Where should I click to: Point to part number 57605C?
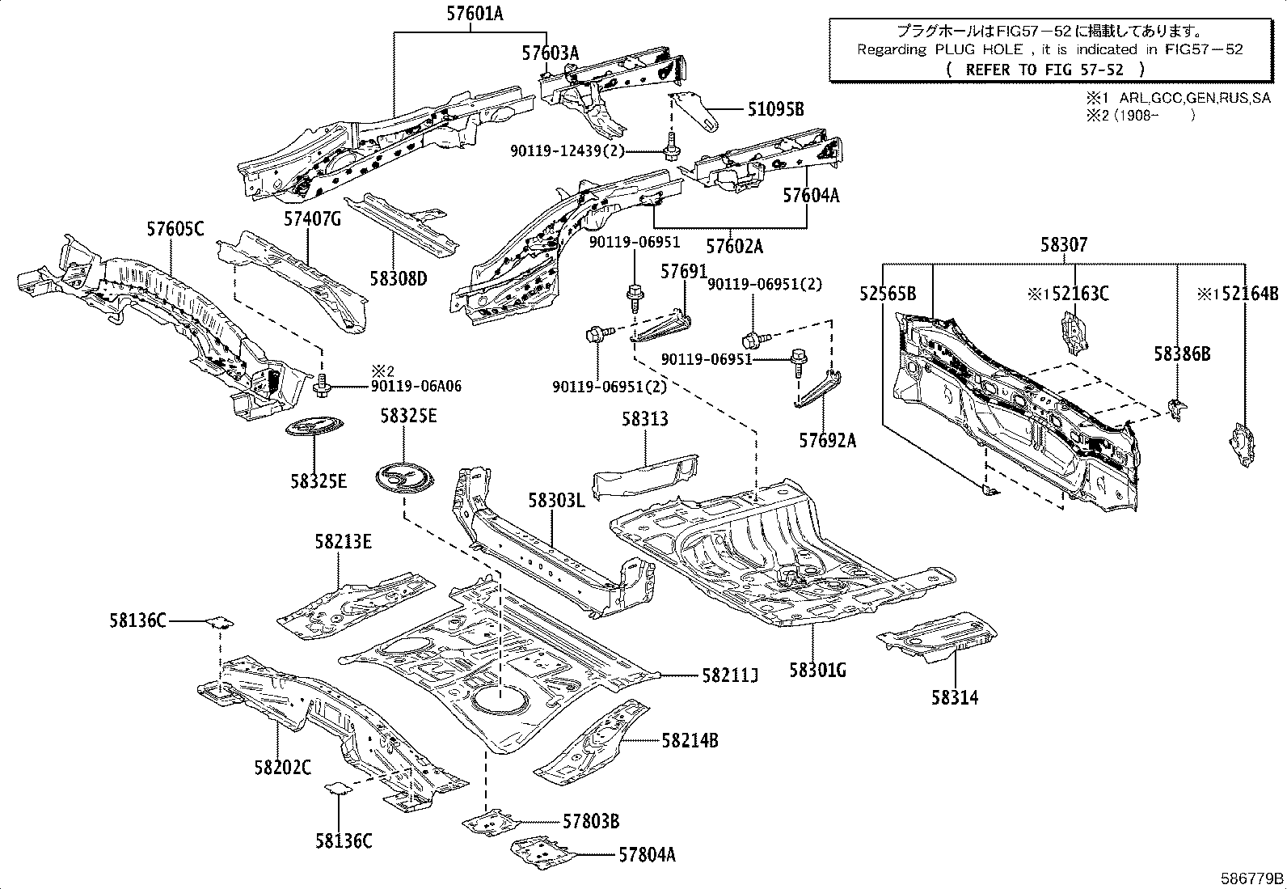point(175,230)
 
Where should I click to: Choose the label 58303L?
point(555,500)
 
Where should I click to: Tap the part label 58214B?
point(690,740)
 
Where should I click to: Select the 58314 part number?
point(954,697)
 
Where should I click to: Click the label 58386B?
point(1181,353)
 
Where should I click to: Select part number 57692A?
point(827,440)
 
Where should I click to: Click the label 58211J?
point(729,675)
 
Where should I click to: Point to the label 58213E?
point(344,542)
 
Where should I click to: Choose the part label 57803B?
point(591,822)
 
